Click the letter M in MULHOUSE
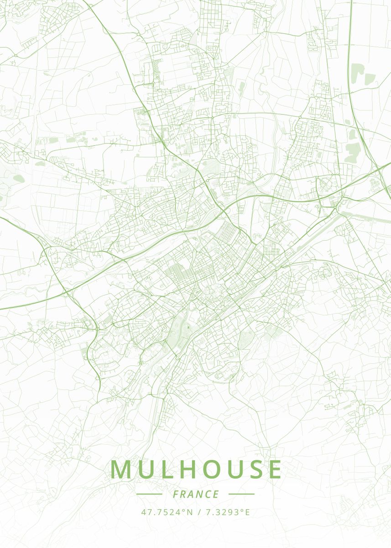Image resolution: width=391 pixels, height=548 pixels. coord(120,469)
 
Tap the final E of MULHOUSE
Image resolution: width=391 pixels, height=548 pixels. coord(275,469)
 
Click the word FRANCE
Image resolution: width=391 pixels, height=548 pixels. coord(196,494)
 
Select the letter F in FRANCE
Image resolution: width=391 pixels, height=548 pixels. coord(176,494)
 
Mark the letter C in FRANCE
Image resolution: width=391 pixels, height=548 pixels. coord(208,494)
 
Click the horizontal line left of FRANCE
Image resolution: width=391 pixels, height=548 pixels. coord(149,494)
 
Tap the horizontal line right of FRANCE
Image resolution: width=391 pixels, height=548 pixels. coord(241,494)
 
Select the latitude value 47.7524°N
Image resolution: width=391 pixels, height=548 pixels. coord(167,512)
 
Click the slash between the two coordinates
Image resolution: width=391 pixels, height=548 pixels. coord(199,512)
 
